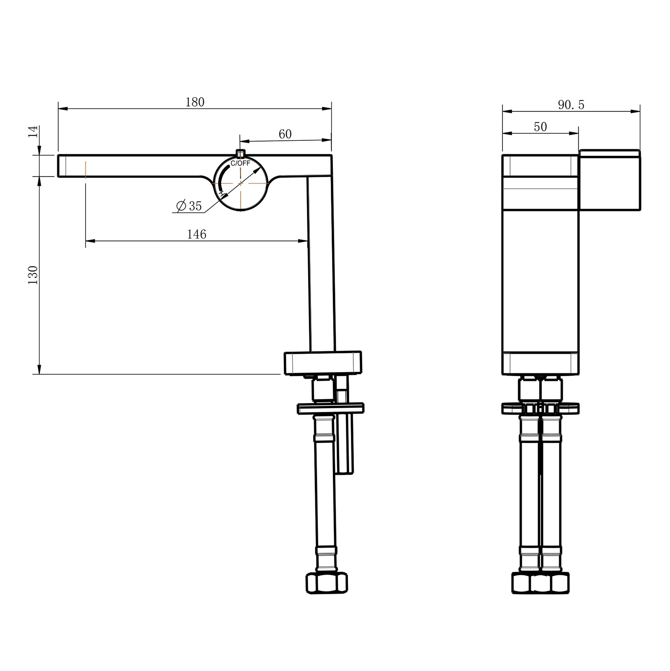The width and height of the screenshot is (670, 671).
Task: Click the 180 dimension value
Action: click(x=195, y=102)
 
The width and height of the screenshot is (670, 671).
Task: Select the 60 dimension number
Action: click(x=285, y=134)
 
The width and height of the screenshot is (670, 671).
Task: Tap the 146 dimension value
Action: click(x=196, y=234)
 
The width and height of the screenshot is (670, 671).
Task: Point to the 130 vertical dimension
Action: click(x=33, y=275)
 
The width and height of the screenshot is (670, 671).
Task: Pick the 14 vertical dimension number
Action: click(x=33, y=131)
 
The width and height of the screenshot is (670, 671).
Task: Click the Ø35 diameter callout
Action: click(x=189, y=206)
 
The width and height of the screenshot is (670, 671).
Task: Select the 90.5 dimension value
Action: click(x=571, y=105)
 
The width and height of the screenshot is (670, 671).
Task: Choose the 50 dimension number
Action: click(x=540, y=127)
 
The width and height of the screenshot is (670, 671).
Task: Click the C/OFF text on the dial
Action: click(x=240, y=163)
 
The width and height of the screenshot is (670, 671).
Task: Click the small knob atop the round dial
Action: click(x=240, y=153)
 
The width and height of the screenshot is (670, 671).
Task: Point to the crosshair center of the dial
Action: click(x=241, y=184)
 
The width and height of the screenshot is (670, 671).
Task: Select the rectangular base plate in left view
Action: click(x=322, y=363)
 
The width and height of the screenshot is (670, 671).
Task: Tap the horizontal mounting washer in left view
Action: click(x=330, y=408)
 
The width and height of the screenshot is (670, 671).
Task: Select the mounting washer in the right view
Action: click(x=540, y=408)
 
